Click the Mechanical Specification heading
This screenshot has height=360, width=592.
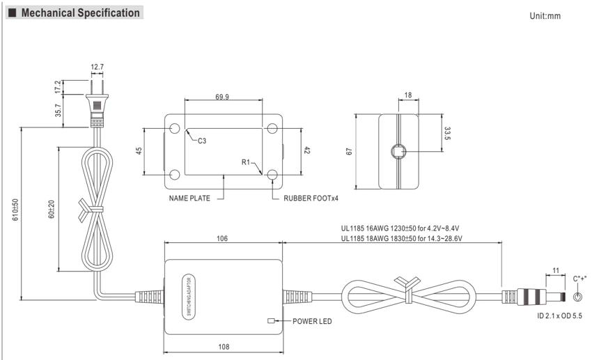point(80,13)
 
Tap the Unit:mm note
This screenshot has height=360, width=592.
point(545,16)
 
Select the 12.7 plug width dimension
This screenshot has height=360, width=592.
point(97,67)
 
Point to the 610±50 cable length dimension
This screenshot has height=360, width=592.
point(15,210)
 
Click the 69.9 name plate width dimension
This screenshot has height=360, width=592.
point(222,97)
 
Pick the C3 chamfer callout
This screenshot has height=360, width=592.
point(202,141)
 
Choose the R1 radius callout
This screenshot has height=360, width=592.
point(245,162)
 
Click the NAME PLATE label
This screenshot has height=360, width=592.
point(189,198)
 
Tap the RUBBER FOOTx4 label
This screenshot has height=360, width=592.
point(311,198)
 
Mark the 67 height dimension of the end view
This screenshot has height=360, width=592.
point(349,151)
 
